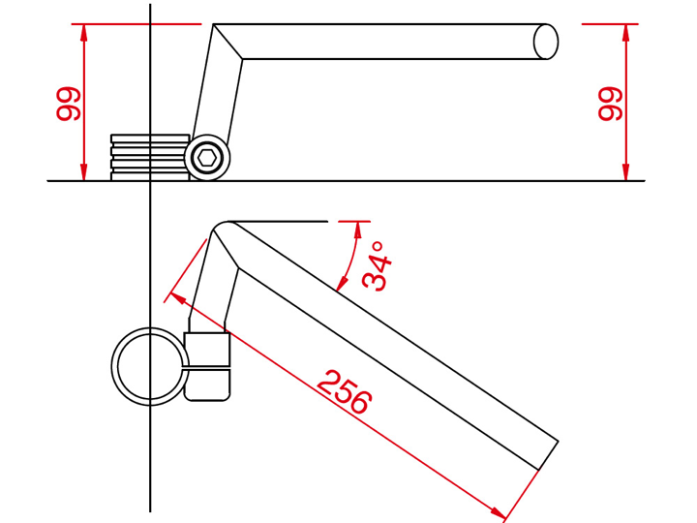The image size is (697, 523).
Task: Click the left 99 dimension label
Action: (69, 104)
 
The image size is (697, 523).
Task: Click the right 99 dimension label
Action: (610, 104)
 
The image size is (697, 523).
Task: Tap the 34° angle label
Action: (377, 266)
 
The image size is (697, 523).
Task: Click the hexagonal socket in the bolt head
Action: (207, 158)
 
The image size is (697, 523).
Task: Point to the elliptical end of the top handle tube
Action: (545, 42)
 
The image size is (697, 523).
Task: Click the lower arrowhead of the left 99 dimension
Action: (83, 172)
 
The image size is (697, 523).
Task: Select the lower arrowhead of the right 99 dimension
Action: (626, 172)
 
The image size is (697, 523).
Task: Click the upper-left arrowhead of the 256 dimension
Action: (179, 298)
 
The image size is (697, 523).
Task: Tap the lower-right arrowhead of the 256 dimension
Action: (497, 510)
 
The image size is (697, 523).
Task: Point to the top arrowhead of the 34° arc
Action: (357, 230)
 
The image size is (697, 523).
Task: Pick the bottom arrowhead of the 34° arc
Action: (343, 283)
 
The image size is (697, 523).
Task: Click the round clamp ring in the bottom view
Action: (150, 366)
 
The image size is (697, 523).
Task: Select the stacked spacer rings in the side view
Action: (150, 158)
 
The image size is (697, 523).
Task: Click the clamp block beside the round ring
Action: (207, 366)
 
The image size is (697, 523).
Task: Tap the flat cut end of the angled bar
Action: (548, 455)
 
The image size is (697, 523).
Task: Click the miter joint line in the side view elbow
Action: (227, 42)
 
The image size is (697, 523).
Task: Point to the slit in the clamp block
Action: (207, 368)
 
